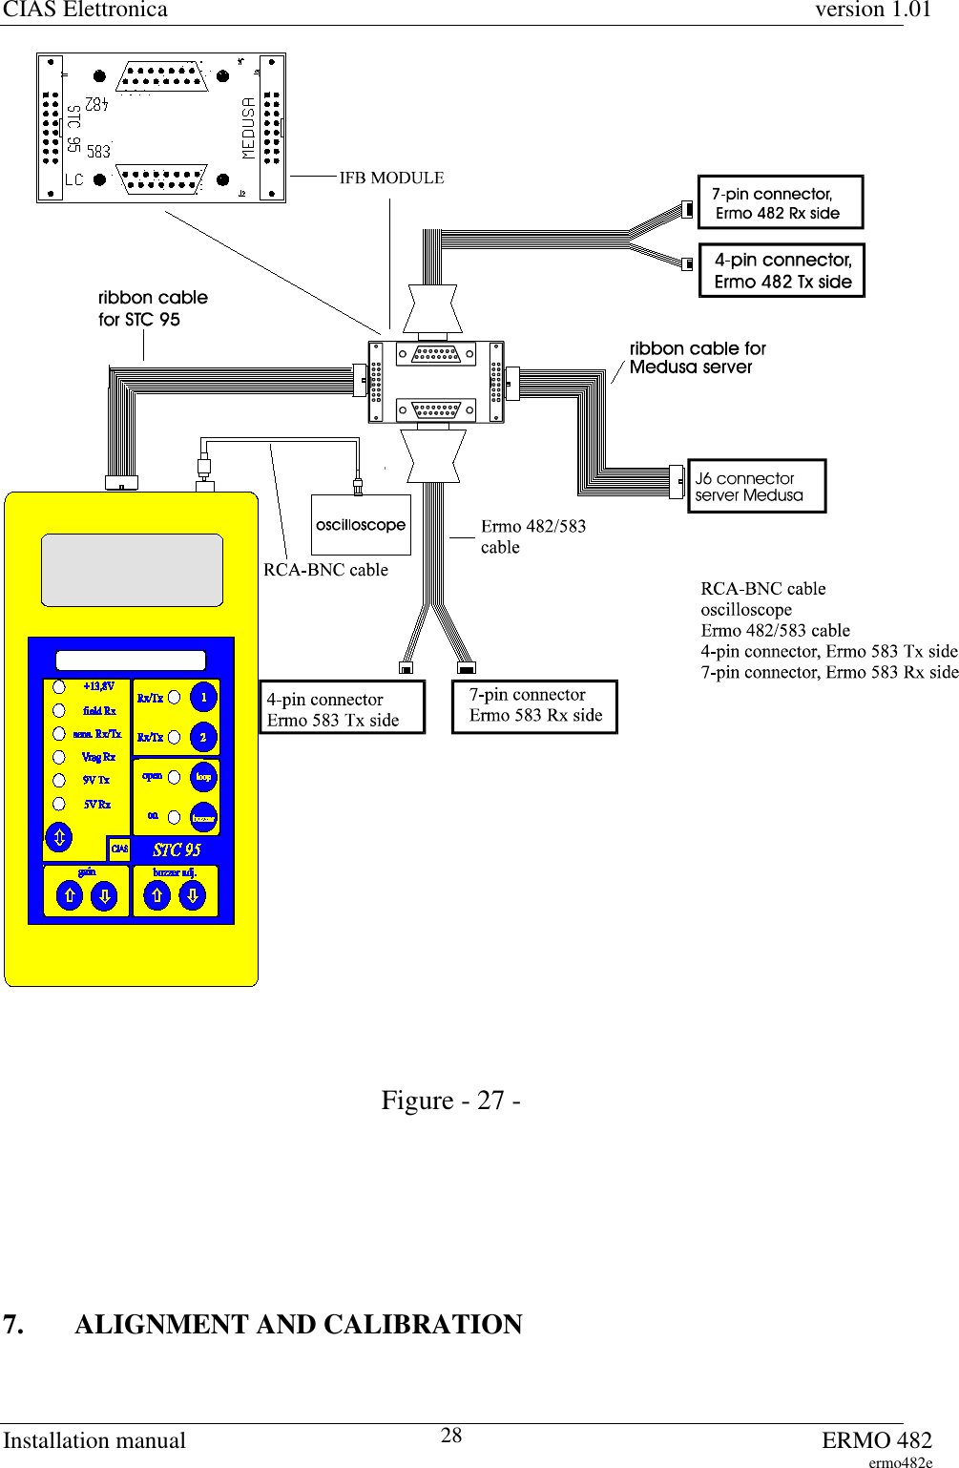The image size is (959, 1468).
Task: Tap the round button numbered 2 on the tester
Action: click(x=203, y=737)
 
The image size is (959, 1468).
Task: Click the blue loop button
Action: click(x=203, y=777)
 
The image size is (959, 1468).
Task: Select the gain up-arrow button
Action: click(x=70, y=895)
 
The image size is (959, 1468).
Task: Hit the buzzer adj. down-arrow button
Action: click(x=192, y=895)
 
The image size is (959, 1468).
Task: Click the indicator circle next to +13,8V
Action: click(x=59, y=686)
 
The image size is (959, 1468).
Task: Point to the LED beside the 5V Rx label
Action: click(x=59, y=804)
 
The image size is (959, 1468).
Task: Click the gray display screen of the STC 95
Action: click(x=132, y=570)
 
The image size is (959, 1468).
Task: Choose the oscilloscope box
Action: click(x=361, y=525)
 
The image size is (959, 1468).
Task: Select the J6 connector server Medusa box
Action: click(x=757, y=487)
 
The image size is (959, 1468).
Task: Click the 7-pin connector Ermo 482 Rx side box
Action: click(x=781, y=202)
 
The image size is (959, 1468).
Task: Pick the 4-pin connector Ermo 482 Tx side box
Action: click(x=782, y=270)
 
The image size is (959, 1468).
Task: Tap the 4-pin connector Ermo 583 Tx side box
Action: click(x=343, y=707)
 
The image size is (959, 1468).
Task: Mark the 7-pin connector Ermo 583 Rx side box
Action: click(x=534, y=706)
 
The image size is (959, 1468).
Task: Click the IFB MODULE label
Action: click(x=391, y=178)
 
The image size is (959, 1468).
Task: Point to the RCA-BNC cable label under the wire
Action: click(x=325, y=570)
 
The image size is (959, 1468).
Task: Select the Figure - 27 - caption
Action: click(x=450, y=1101)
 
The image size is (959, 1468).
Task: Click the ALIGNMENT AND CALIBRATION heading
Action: click(x=298, y=1324)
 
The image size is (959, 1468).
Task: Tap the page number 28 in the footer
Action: click(x=451, y=1436)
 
